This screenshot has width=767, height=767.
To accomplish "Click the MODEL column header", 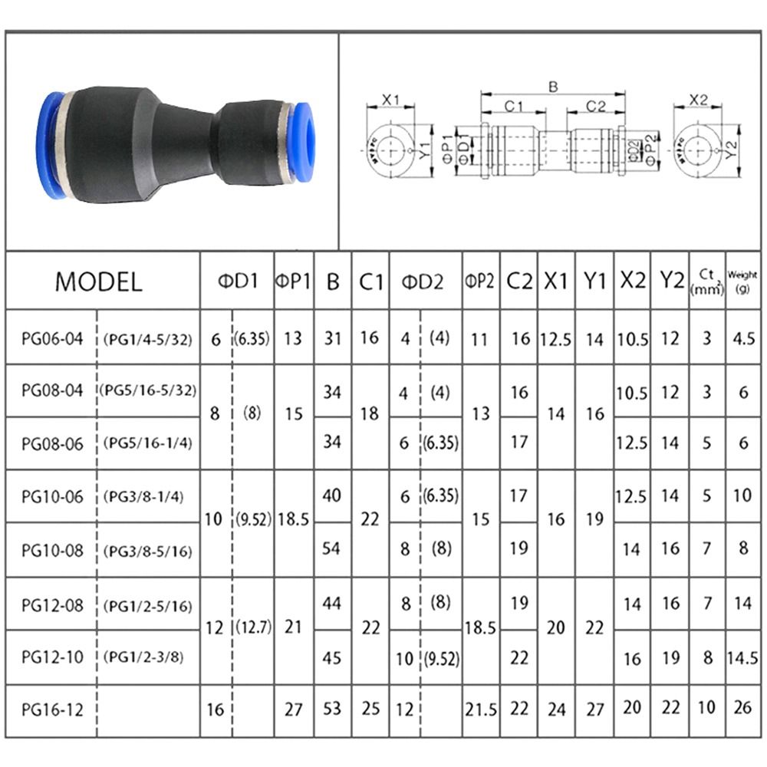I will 99,281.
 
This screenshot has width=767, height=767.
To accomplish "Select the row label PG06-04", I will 51,338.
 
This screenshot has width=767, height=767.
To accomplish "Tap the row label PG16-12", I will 51,709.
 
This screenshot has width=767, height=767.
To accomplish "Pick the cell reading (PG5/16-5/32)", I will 148,391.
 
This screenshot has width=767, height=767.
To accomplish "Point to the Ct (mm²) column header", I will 706,281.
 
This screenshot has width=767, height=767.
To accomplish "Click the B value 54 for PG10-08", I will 332,549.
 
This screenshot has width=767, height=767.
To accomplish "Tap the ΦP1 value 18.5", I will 293,519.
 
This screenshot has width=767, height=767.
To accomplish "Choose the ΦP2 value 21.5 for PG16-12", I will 480,709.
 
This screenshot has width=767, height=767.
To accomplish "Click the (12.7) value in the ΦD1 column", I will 253,627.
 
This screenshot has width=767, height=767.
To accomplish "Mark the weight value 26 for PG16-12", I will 742,708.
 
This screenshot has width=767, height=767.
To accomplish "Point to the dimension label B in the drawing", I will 552,87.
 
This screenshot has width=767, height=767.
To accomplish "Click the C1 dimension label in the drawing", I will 513,106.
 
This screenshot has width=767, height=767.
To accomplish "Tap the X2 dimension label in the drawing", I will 698,100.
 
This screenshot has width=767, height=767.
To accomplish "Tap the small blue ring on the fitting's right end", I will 304,142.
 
